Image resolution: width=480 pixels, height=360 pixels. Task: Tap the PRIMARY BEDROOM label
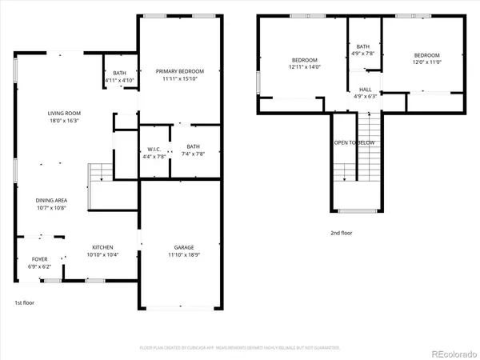click(x=179, y=71)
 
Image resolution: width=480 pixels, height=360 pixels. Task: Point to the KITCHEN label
click(x=102, y=247)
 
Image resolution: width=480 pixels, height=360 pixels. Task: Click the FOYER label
click(x=39, y=259)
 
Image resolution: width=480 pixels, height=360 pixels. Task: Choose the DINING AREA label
click(x=51, y=200)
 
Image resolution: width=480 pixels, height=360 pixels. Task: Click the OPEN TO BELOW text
click(x=354, y=142)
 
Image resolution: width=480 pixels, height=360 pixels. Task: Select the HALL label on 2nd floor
click(x=365, y=90)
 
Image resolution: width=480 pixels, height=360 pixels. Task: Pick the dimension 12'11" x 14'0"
click(x=305, y=68)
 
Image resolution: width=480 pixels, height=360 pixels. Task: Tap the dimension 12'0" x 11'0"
click(x=426, y=62)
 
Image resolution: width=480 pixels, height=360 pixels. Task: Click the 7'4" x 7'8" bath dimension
click(x=193, y=154)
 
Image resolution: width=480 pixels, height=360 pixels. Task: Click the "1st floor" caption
click(x=24, y=302)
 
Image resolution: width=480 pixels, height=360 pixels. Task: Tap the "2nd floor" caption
click(x=341, y=233)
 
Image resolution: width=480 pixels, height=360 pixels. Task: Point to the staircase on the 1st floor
click(x=100, y=173)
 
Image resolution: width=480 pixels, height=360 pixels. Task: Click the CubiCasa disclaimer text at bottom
click(x=240, y=348)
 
